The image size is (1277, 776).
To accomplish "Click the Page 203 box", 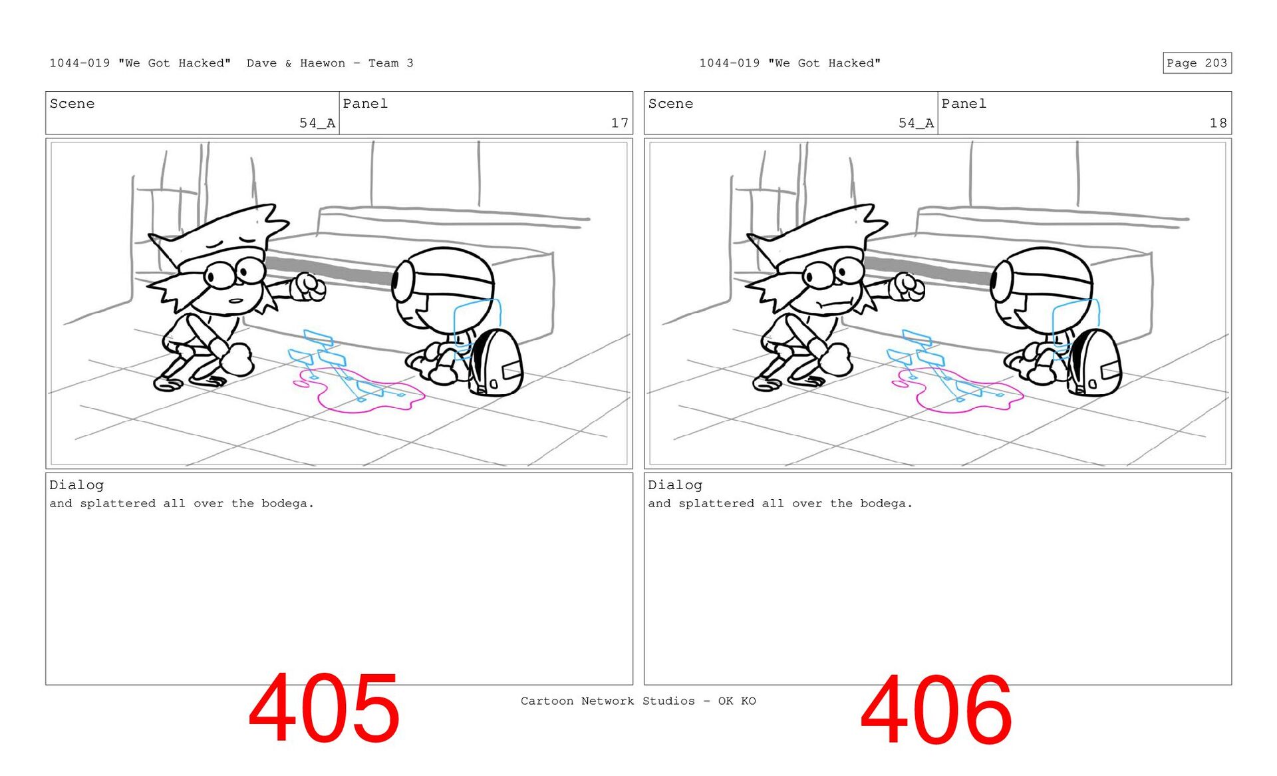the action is [1197, 63].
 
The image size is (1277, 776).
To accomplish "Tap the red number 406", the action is [936, 709].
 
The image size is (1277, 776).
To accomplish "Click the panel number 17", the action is [619, 123].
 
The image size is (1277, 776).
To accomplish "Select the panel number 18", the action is [1218, 123].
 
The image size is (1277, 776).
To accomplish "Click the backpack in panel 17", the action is [496, 363].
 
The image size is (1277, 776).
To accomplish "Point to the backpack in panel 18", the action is [1094, 363].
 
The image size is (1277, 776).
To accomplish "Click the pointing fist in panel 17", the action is [309, 287].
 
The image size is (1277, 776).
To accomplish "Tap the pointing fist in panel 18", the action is [908, 287].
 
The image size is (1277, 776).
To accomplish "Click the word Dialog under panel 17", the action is [76, 485].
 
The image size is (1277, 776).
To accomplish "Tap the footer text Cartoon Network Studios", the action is [607, 701].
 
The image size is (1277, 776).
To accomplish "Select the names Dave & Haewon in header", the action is [296, 63].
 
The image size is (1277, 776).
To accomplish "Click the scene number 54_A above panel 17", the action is [317, 123].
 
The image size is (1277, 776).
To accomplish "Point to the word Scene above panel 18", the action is [670, 104].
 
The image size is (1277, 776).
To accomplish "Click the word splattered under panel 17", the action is [118, 504].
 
